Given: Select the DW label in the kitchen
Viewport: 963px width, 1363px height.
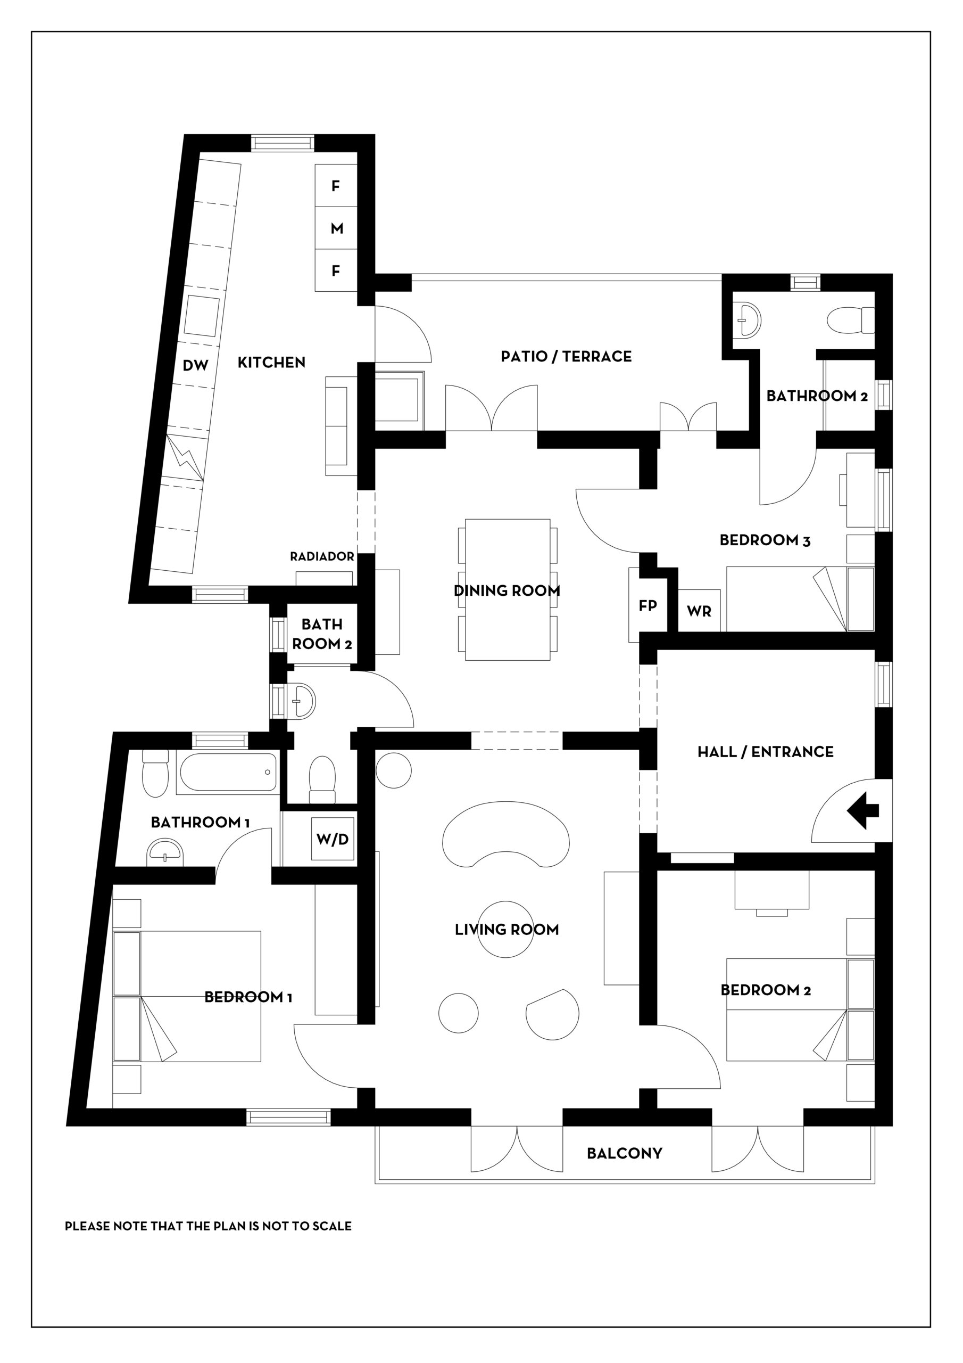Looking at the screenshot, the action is [x=195, y=366].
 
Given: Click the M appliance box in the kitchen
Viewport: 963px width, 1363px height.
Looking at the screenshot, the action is [x=336, y=228].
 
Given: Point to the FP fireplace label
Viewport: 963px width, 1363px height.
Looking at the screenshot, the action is [x=647, y=605].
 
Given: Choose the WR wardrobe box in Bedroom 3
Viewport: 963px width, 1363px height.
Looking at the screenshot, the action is [x=699, y=610].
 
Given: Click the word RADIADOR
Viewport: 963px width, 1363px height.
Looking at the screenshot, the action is [x=322, y=556].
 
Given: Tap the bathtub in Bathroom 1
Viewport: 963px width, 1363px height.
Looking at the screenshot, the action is [x=228, y=773].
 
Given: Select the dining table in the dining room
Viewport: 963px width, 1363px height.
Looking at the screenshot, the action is [x=508, y=589].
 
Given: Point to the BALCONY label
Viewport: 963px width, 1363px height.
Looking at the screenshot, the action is [x=624, y=1153].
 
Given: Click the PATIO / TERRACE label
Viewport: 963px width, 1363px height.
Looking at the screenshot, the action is [x=566, y=356].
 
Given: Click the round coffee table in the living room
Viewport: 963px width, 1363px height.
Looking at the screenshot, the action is [x=505, y=929].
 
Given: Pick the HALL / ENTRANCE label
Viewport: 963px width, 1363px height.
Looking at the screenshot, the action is [x=766, y=752].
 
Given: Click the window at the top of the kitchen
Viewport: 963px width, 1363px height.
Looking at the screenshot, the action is [x=283, y=143].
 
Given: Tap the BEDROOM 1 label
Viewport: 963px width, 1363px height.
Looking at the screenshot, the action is [x=248, y=997].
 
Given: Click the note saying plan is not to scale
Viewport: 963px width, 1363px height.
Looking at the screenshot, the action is [x=208, y=1226].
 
